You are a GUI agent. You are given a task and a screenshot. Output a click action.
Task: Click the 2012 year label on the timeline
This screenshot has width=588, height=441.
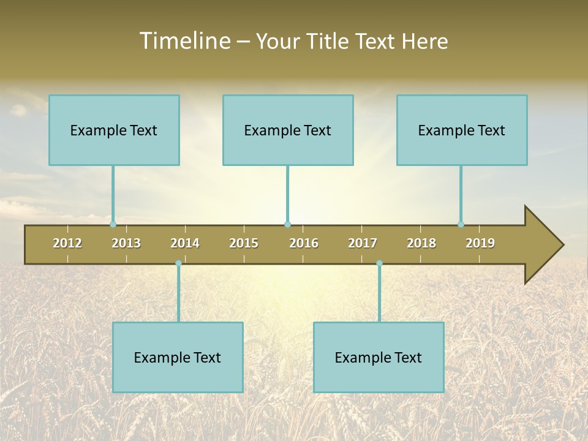pyautogui.click(x=67, y=243)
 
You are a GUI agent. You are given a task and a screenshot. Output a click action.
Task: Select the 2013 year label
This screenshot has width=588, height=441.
pyautogui.click(x=126, y=243)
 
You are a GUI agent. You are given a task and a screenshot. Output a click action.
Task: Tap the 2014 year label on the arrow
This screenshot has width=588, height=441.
pyautogui.click(x=185, y=243)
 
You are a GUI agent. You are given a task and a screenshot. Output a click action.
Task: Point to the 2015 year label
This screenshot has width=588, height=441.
pyautogui.click(x=244, y=243)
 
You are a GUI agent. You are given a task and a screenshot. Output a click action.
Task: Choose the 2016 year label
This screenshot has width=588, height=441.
pyautogui.click(x=304, y=243)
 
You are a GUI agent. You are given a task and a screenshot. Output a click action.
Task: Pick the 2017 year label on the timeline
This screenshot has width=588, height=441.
pyautogui.click(x=363, y=243)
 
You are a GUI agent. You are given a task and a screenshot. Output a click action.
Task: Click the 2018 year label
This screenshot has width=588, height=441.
pyautogui.click(x=421, y=243)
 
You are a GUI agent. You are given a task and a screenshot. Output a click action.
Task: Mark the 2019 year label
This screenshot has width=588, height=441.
pyautogui.click(x=480, y=243)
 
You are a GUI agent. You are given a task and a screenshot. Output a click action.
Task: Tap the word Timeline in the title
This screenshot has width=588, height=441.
pyautogui.click(x=184, y=41)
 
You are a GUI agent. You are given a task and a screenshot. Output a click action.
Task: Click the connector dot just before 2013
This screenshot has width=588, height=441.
pyautogui.click(x=113, y=224)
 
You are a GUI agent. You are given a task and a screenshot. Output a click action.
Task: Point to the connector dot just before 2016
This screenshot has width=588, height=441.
pyautogui.click(x=287, y=224)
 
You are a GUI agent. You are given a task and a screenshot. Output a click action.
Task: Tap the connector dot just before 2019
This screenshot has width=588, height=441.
pyautogui.click(x=461, y=224)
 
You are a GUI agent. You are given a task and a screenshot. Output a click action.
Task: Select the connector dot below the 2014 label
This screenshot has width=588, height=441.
pyautogui.click(x=178, y=263)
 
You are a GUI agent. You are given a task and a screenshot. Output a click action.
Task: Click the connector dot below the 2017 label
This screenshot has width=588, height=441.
pyautogui.click(x=379, y=263)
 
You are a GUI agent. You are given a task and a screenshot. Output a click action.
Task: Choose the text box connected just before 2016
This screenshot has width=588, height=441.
pyautogui.click(x=288, y=130)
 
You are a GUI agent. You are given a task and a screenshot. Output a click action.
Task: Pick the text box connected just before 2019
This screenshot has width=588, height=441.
pyautogui.click(x=462, y=130)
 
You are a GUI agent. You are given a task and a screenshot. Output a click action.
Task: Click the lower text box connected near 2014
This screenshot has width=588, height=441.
pyautogui.click(x=178, y=357)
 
